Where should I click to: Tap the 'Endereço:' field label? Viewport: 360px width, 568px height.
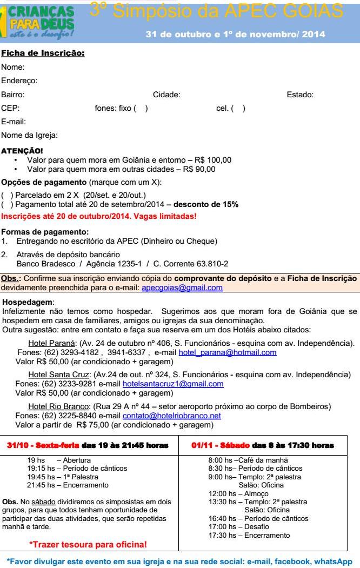(x=18, y=81)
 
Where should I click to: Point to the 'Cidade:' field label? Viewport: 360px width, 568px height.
(x=166, y=95)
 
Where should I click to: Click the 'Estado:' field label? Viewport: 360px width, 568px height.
(x=300, y=95)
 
